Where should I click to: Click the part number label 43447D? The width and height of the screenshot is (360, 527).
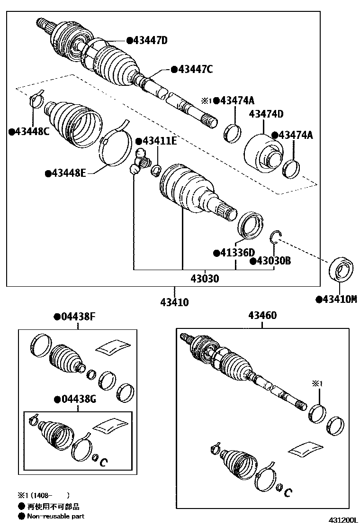click(x=151, y=41)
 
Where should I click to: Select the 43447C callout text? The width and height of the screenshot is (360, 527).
click(x=196, y=70)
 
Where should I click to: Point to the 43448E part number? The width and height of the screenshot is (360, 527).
click(x=69, y=173)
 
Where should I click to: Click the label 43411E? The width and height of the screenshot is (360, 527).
click(x=160, y=141)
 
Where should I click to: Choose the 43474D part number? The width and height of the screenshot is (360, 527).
click(x=266, y=114)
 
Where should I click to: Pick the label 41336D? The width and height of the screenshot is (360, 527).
click(x=238, y=253)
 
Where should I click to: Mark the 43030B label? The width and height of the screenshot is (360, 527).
click(x=274, y=261)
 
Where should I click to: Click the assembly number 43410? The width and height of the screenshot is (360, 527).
click(x=175, y=302)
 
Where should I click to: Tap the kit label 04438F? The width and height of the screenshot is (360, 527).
click(x=78, y=316)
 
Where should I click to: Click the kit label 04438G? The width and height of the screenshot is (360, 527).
click(x=79, y=399)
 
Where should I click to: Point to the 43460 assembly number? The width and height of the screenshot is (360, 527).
click(x=262, y=315)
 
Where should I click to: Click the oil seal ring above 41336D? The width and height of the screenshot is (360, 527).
click(x=250, y=225)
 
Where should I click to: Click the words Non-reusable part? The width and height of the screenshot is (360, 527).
click(x=56, y=516)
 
